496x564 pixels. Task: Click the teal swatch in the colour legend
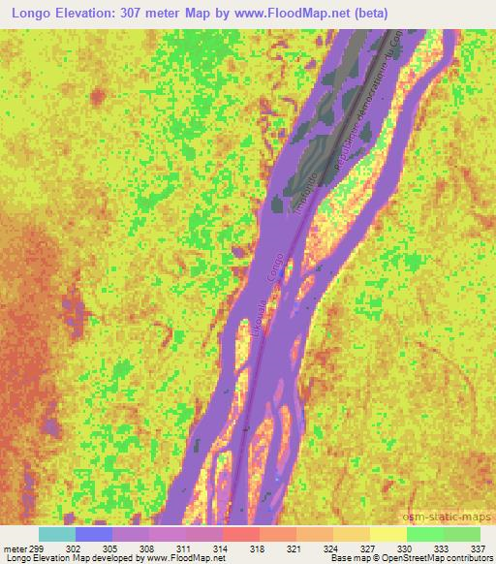pos(56,534)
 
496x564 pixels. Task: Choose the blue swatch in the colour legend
pos(93,534)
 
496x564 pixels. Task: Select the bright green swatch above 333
pos(424,534)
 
